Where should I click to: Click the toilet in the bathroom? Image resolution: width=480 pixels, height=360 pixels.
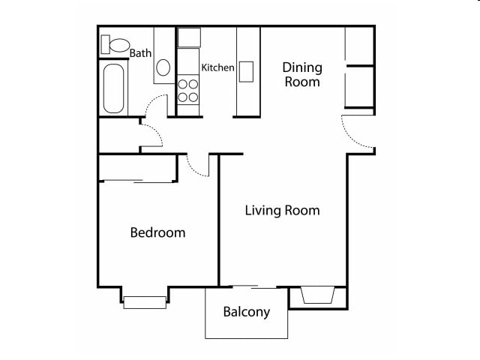pyautogui.click(x=115, y=45)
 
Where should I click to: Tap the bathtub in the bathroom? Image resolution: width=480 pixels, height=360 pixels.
pyautogui.click(x=113, y=88)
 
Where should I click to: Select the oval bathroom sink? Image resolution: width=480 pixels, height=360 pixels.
pyautogui.click(x=163, y=67)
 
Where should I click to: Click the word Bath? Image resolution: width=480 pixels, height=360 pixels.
pyautogui.click(x=140, y=53)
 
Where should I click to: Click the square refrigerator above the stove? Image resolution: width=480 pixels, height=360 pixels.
pyautogui.click(x=188, y=37)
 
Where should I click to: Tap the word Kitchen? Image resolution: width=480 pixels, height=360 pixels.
pyautogui.click(x=218, y=67)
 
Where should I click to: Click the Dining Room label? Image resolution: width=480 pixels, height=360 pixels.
pyautogui.click(x=301, y=75)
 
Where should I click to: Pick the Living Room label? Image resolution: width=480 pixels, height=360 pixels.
pyautogui.click(x=282, y=210)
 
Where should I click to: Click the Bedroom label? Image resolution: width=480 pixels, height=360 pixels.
pyautogui.click(x=157, y=232)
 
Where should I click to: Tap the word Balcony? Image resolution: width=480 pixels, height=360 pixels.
pyautogui.click(x=246, y=312)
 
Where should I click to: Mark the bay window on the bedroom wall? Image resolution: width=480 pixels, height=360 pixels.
pyautogui.click(x=144, y=301)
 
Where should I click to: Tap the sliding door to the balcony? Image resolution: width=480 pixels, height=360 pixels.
pyautogui.click(x=247, y=286)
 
